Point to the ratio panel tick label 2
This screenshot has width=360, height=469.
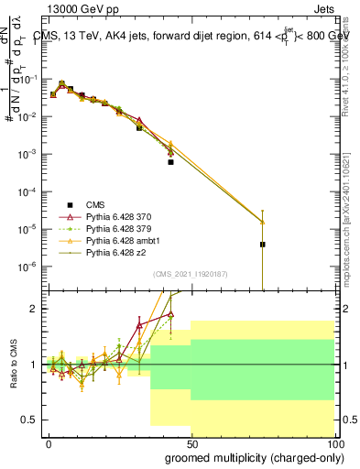pos(32,309)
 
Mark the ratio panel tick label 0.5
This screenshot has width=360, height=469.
pos(27,420)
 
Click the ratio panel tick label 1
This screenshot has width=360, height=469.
pos(32,365)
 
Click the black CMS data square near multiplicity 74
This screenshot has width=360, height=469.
pos(262,245)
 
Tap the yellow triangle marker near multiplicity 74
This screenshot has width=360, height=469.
pos(262,222)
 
